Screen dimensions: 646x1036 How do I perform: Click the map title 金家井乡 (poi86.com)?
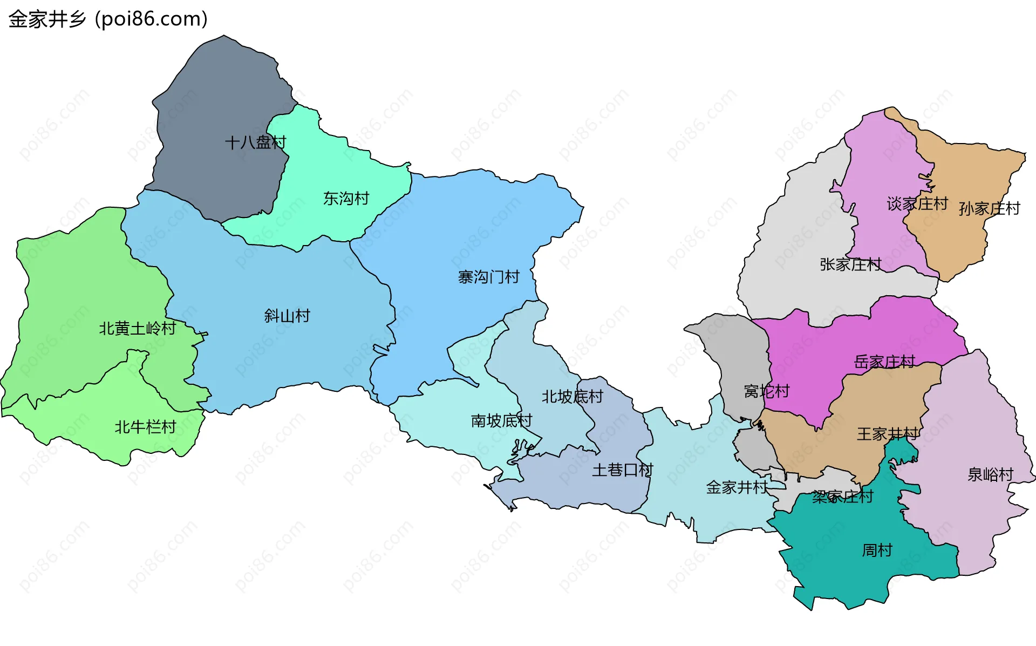coord(108,19)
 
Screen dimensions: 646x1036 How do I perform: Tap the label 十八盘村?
coord(255,142)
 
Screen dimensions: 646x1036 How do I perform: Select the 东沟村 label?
coord(346,199)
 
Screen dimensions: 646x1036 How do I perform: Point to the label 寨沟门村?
coord(488,277)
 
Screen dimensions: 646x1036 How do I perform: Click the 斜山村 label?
coord(287,316)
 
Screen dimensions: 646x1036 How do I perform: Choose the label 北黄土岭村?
coord(138,328)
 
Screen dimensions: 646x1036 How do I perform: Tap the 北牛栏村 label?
coord(145,427)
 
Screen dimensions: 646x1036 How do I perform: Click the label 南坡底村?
coord(501,420)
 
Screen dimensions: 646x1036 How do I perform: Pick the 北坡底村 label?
coord(572,397)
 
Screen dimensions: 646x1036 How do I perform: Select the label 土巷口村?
coord(622,470)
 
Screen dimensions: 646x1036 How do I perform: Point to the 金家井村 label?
coord(737,487)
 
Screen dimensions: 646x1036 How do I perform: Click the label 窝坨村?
coord(766,391)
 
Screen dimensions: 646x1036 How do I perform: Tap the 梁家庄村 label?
coord(842,497)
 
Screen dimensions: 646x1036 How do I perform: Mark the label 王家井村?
coord(887,434)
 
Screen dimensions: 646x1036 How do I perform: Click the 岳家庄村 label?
coord(884,362)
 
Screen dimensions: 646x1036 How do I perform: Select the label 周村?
coord(877,550)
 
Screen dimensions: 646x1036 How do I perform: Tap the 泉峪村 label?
coord(990,474)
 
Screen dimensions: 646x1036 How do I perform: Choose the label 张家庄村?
coord(850,264)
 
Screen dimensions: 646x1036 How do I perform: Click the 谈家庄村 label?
coord(917,204)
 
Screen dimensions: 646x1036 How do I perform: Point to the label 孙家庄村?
coord(989,208)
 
